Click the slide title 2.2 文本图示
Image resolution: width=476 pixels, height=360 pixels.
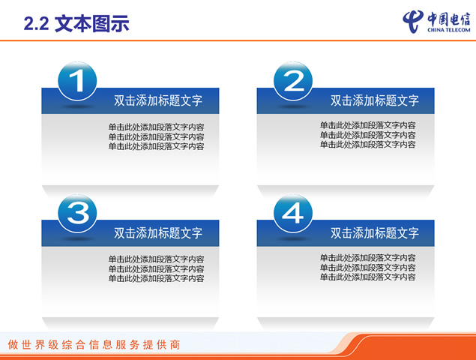(76, 23)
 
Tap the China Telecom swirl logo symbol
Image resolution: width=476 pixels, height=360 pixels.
(413, 21)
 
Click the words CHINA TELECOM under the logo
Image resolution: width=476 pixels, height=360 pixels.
(449, 30)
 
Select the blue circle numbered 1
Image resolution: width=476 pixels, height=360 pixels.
(77, 81)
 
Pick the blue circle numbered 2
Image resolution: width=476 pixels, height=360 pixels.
(293, 81)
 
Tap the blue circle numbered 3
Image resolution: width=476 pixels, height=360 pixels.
(77, 213)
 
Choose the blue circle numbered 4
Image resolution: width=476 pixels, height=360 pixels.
(293, 213)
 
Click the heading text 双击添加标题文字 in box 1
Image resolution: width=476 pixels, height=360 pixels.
(158, 100)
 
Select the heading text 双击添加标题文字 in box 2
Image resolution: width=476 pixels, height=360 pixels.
(375, 100)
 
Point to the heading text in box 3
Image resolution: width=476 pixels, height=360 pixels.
(158, 233)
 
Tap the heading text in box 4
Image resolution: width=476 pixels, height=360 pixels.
(375, 233)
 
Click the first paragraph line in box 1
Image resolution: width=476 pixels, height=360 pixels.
(157, 127)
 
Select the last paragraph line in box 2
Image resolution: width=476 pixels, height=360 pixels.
(367, 145)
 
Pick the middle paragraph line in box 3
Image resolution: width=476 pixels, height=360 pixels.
(157, 268)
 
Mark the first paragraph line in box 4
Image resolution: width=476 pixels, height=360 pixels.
(367, 257)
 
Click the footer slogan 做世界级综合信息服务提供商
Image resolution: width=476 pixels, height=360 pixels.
(94, 345)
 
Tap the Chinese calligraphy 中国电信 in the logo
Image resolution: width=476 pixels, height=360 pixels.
(449, 19)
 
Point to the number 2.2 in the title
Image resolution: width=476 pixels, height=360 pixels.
(36, 24)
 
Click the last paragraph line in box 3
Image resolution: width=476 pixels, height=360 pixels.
(157, 278)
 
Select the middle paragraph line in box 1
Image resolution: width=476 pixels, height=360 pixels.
(157, 136)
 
